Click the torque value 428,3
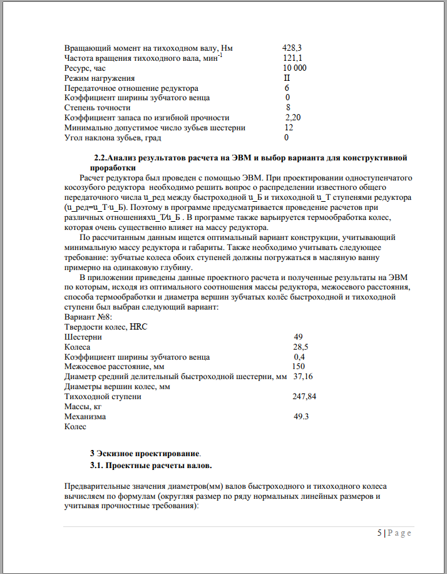click(x=292, y=48)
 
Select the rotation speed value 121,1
click(x=292, y=58)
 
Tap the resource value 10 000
click(x=294, y=68)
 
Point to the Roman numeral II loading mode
click(x=287, y=78)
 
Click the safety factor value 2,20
click(x=293, y=117)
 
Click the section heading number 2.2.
click(x=100, y=157)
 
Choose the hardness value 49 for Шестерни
click(x=298, y=337)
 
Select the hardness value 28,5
click(x=301, y=347)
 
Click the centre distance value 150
click(x=299, y=366)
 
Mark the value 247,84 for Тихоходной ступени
click(x=306, y=396)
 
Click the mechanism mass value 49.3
click(x=302, y=416)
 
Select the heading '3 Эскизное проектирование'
click(x=145, y=452)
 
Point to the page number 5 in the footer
click(x=379, y=533)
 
